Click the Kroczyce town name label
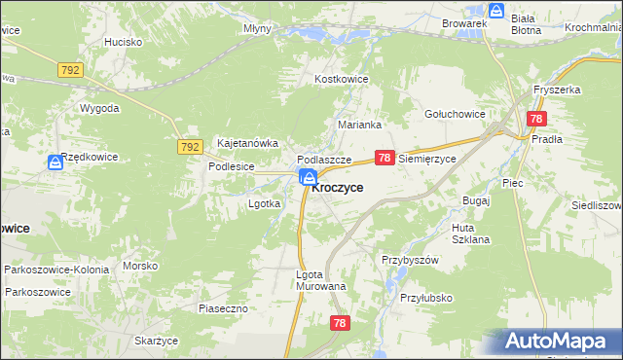tap(338, 188)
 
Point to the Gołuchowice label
tap(455, 114)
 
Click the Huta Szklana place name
tap(470, 234)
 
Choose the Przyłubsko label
tap(426, 298)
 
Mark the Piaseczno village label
tap(225, 308)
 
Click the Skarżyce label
tap(157, 341)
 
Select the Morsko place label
tap(140, 266)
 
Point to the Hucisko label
tap(124, 43)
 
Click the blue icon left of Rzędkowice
tap(55, 163)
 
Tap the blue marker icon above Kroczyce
tap(308, 176)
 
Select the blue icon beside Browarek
tap(496, 12)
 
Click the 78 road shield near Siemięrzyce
tap(385, 158)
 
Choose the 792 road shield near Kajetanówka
tap(190, 147)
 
